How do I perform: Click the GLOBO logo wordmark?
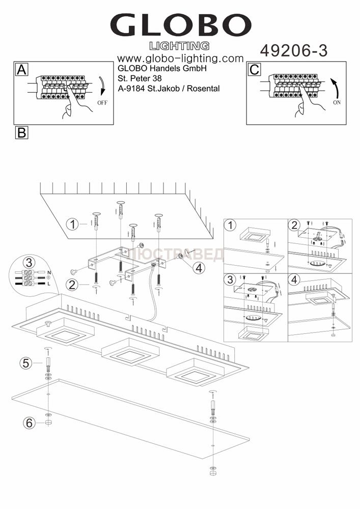(180, 25)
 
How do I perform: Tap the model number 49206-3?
(294, 50)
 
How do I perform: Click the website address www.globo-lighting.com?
(180, 59)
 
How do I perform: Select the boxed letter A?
(21, 70)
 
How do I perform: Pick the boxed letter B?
(21, 132)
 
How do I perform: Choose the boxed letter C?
(254, 70)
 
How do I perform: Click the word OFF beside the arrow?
(102, 102)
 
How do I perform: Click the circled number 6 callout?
(29, 422)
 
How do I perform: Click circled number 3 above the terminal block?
(29, 263)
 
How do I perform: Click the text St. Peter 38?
(140, 78)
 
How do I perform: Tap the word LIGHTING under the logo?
(182, 45)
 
